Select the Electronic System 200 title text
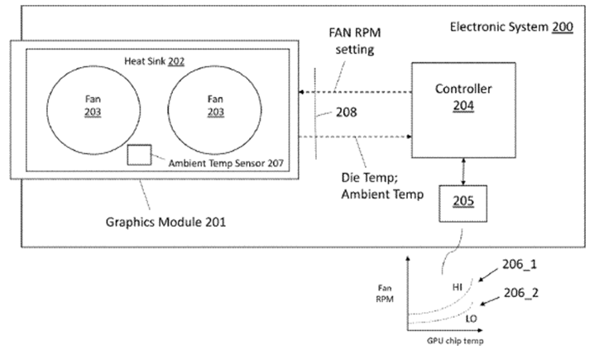click(510, 26)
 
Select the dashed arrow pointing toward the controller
click(356, 137)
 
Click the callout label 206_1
click(523, 265)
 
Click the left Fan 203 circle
click(84, 112)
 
